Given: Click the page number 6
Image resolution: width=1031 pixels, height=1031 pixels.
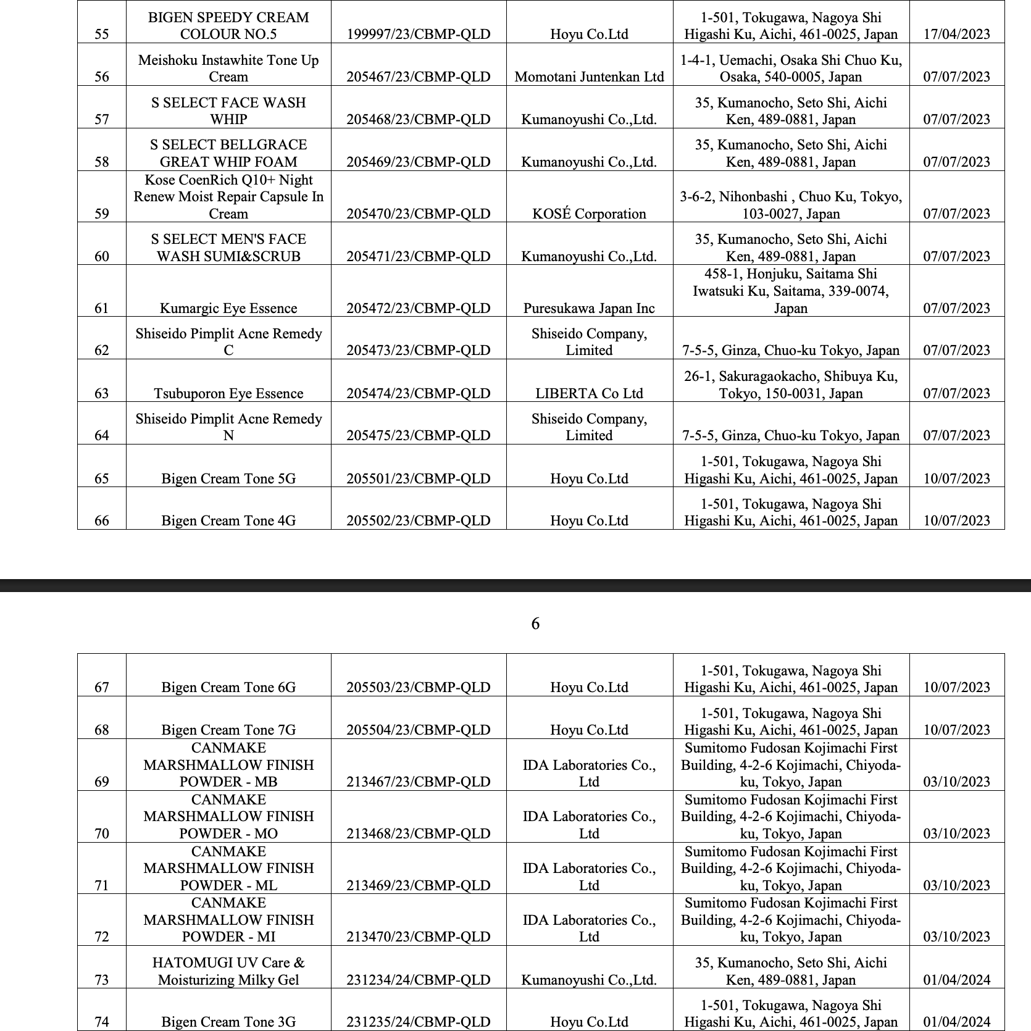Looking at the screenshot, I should click(535, 624).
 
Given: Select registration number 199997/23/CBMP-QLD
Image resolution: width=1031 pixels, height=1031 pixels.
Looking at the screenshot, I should click(418, 34).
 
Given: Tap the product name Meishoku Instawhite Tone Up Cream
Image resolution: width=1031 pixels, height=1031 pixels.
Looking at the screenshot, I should click(228, 68).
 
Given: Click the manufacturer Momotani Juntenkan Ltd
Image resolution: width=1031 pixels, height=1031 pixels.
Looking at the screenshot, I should click(589, 77).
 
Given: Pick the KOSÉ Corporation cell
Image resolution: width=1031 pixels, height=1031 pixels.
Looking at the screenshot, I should click(589, 214).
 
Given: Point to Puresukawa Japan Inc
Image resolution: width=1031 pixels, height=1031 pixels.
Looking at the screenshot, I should click(589, 308).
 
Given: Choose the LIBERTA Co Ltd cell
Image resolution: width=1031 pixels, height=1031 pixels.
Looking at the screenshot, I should click(589, 393).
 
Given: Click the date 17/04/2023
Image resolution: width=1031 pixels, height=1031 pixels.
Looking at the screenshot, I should click(956, 34).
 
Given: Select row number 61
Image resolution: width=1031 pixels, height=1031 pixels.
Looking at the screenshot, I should click(102, 308).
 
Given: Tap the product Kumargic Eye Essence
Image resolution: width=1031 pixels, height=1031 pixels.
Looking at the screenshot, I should click(228, 308).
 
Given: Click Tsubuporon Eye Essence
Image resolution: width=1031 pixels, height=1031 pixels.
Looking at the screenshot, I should click(228, 393).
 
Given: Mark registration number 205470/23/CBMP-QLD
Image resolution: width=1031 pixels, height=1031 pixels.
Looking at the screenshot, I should click(418, 214).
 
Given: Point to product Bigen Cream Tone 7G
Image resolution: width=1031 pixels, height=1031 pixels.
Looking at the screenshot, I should click(228, 730).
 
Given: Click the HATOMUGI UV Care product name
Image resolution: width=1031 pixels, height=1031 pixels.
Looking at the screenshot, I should click(228, 971).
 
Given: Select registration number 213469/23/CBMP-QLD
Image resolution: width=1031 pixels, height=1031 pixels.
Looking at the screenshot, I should click(418, 885).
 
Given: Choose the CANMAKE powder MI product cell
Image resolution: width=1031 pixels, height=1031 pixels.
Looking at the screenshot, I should click(228, 920).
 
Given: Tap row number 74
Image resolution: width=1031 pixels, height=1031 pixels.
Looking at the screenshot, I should click(102, 1022).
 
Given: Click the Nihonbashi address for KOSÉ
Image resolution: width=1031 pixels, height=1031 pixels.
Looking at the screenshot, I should click(791, 205).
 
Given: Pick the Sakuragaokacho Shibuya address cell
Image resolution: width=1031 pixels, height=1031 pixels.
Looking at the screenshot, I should click(791, 385).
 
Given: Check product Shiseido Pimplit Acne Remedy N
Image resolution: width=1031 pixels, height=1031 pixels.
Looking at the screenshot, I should click(228, 427).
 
